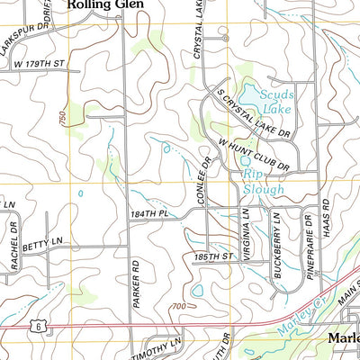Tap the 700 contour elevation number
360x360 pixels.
(x=181, y=308)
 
